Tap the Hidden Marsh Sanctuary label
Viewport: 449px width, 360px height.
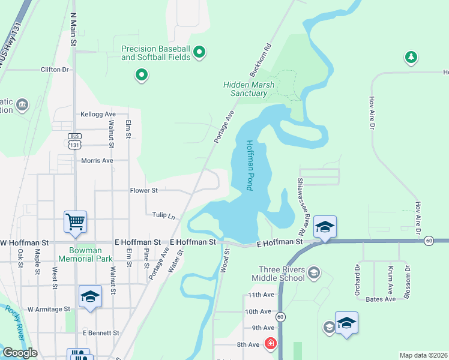pos(249,89)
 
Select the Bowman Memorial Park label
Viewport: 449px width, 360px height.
pos(85,255)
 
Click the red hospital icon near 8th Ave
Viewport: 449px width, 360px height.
pos(271,344)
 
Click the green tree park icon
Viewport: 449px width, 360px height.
pos(411,57)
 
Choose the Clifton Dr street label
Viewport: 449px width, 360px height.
pos(55,70)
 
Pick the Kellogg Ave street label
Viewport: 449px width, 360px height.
pos(98,114)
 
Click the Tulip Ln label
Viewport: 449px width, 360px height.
pos(163,215)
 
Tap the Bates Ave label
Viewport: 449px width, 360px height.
pos(381,299)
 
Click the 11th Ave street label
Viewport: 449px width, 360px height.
pos(261,295)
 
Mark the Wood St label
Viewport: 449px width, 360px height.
pos(227,261)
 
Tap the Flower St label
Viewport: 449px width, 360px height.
pos(143,191)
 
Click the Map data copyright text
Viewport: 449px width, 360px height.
pos(424,355)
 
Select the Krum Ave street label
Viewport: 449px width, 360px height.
pos(390,277)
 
